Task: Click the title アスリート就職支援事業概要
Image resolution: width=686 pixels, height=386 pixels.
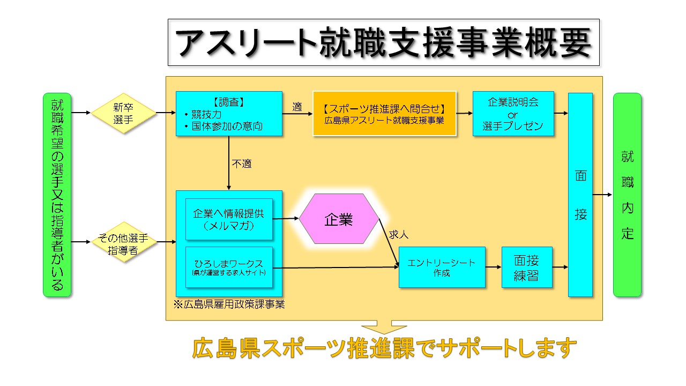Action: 383,42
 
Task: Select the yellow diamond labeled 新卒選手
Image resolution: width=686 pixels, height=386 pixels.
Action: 123,114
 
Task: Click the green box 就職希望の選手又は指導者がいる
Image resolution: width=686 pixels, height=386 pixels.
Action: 57,195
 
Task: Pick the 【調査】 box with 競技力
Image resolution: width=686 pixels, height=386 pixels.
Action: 229,114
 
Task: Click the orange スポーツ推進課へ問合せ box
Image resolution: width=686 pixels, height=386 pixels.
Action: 384,114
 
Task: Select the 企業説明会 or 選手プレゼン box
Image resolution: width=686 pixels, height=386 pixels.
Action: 513,114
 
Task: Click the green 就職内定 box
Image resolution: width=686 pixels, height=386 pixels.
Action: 627,195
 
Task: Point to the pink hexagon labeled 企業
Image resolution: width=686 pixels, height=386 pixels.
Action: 339,219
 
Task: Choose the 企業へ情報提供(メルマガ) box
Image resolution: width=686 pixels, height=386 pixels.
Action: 229,219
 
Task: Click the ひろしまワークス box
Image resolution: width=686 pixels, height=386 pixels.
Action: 229,268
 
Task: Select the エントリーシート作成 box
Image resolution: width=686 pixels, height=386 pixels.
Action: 442,267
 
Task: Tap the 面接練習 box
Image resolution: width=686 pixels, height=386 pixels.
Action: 526,267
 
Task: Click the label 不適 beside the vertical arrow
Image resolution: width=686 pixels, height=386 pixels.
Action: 241,164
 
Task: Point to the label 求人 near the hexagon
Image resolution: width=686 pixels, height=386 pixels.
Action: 399,235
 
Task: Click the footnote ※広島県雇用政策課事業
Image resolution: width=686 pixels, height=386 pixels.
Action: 229,305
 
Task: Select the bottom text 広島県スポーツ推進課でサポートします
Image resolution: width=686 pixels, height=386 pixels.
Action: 384,349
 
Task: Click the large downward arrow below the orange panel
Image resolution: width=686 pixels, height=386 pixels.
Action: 384,327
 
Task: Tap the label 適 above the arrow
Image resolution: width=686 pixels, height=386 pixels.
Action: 297,107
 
